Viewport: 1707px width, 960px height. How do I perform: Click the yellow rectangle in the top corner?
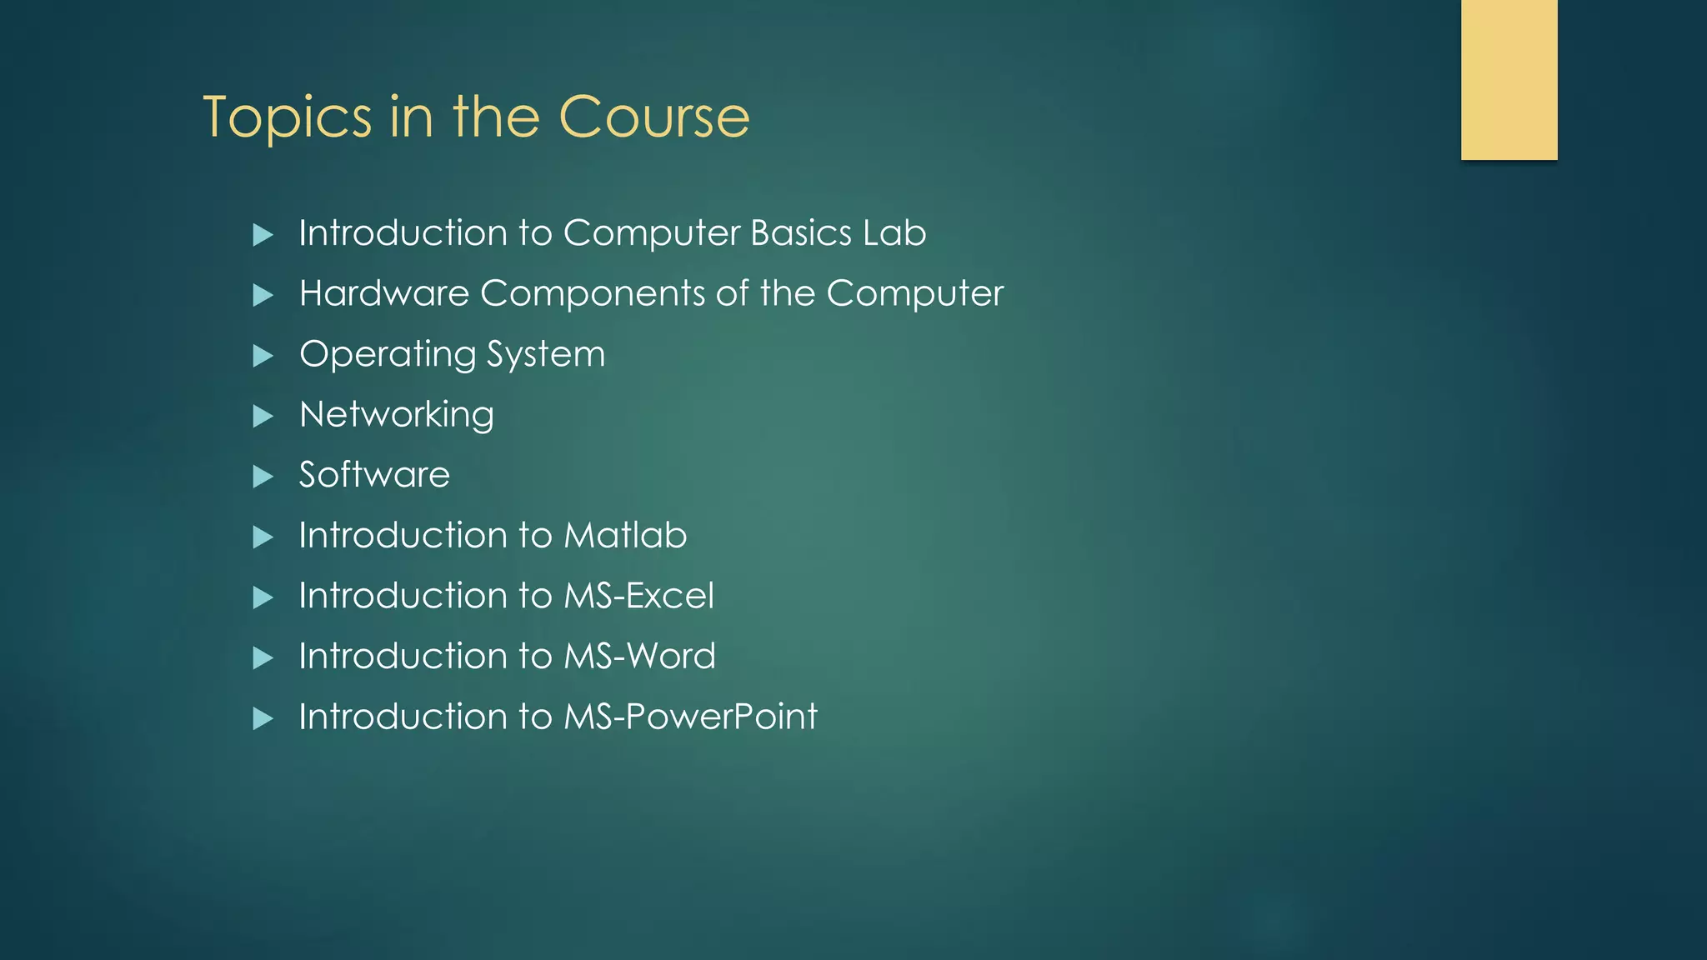pos(1509,79)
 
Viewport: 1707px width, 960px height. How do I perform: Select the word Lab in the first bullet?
pos(894,232)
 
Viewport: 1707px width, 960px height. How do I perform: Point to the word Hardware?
pos(384,293)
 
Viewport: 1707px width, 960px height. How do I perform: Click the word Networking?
pos(397,415)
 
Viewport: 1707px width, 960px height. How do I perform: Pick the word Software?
pos(374,475)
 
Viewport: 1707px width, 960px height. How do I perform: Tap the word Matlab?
pos(625,535)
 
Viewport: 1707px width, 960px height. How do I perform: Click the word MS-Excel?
pos(638,596)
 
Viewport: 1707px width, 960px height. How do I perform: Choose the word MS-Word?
pos(639,657)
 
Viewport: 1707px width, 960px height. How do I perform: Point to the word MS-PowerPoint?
pos(690,717)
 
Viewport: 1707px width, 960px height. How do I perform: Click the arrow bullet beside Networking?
pos(263,416)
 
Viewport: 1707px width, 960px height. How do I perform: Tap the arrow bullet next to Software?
pos(263,477)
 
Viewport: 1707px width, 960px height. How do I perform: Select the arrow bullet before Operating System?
pos(263,356)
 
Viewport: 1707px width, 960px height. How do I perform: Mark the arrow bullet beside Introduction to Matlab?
pos(263,537)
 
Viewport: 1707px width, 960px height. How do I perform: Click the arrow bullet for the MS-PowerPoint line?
pos(263,718)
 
